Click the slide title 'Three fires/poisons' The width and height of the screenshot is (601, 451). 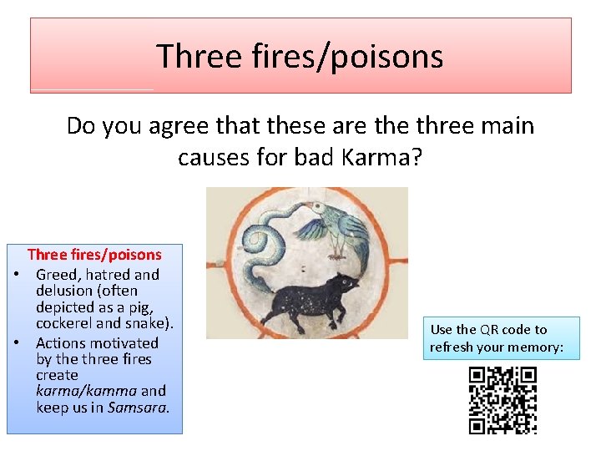click(x=300, y=56)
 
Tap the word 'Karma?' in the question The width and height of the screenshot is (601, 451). click(x=385, y=157)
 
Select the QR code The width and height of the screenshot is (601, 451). click(x=502, y=400)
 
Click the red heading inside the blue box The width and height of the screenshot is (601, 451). click(x=94, y=255)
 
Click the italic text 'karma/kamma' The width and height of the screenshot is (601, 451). click(x=86, y=391)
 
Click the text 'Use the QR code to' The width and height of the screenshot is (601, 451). click(x=488, y=329)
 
